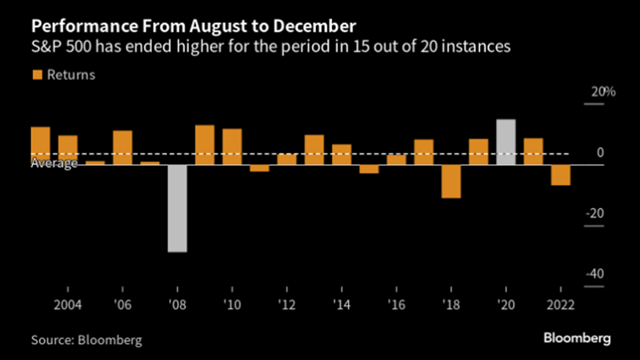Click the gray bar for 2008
[x=177, y=208]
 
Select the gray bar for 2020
[x=506, y=142]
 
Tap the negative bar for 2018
[x=451, y=181]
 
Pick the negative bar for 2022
[x=561, y=174]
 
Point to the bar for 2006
[x=122, y=147]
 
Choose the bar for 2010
[x=232, y=146]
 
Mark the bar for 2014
[x=342, y=154]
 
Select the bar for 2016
[x=397, y=159]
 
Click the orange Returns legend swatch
[x=36, y=75]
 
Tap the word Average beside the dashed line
[x=54, y=163]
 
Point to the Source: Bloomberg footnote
[x=86, y=340]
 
